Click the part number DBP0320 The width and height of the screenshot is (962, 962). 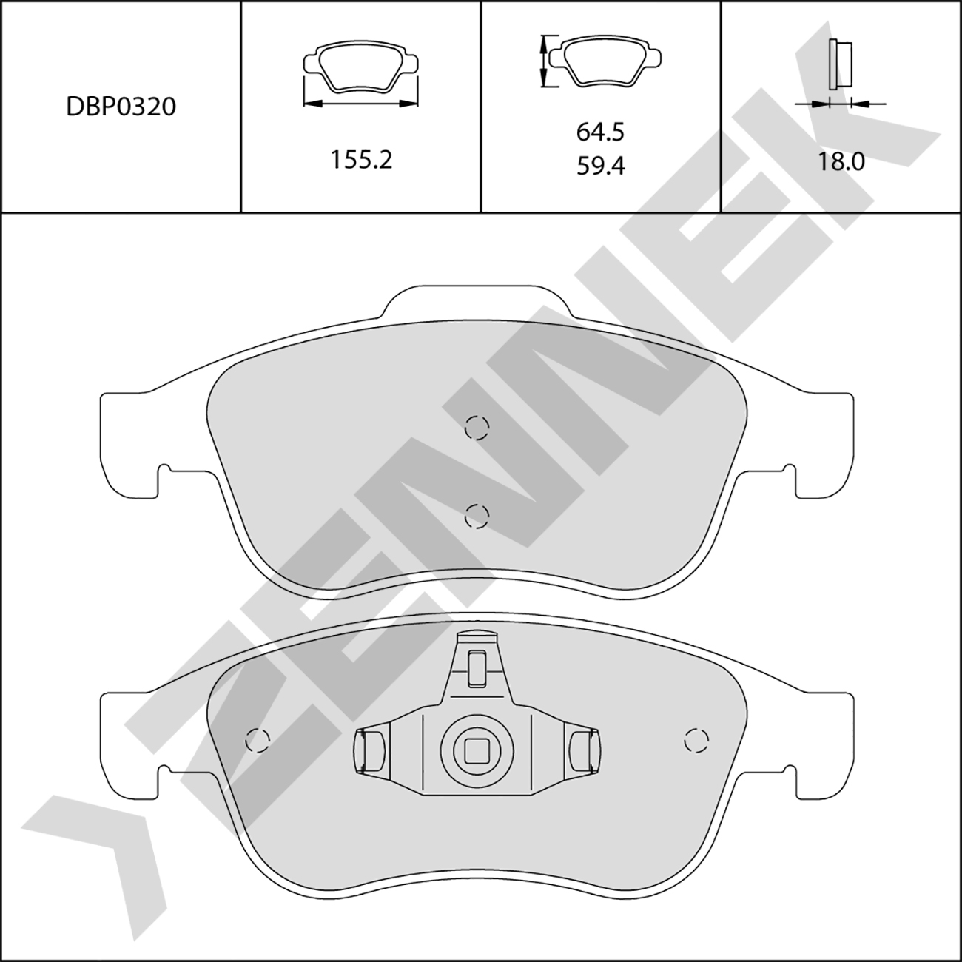[121, 107]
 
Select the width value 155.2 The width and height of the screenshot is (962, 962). [361, 160]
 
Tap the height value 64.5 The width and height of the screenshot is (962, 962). [601, 132]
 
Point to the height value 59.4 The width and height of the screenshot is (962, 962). [601, 166]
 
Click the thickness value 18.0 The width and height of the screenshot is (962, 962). [841, 162]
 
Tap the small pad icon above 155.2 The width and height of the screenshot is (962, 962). [361, 67]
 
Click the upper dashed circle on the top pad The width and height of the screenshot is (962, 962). [477, 427]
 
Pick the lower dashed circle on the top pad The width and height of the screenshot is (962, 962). [477, 516]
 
